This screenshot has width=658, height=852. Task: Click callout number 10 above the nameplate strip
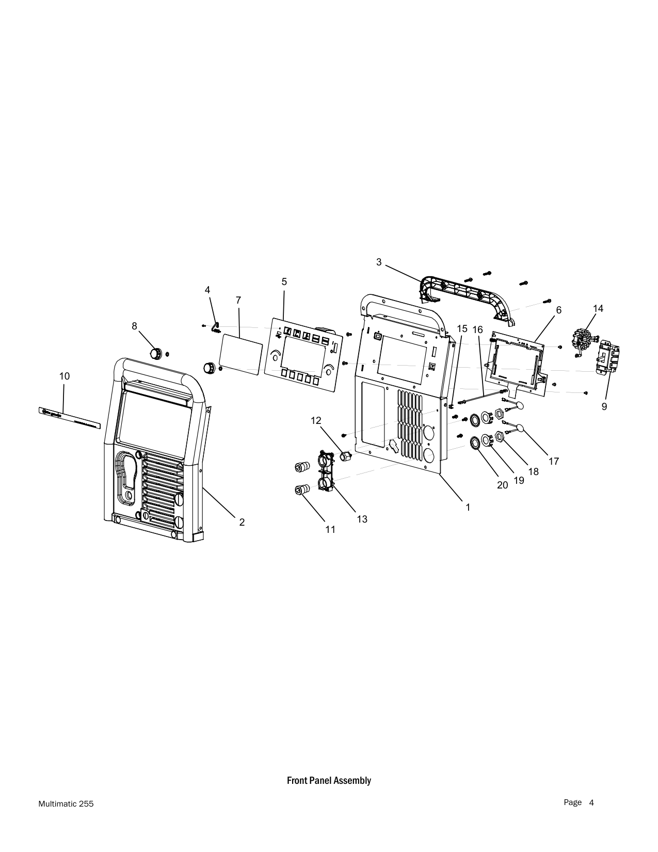[65, 376]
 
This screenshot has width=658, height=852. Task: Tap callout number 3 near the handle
[379, 262]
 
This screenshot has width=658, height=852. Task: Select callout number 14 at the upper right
[598, 309]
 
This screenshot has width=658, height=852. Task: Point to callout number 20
[503, 485]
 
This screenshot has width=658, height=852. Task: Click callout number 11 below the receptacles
[330, 529]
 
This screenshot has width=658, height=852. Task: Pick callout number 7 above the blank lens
[238, 301]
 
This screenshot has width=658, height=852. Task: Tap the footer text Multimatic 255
[66, 804]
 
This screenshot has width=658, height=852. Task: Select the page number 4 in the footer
[591, 802]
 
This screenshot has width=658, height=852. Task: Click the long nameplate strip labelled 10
[70, 418]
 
